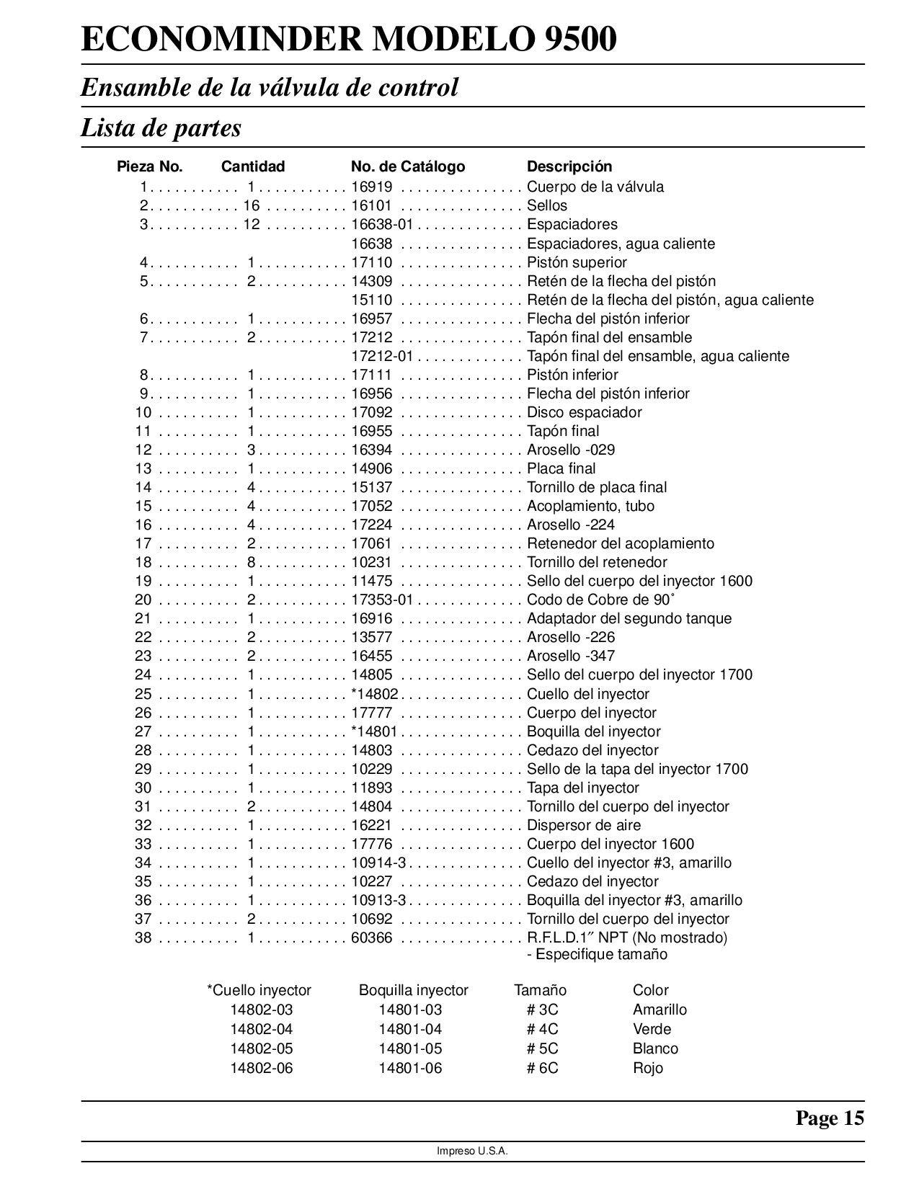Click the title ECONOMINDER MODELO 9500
point(349,40)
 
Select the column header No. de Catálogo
point(407,166)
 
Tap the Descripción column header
point(569,166)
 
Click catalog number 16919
point(371,187)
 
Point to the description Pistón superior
point(577,262)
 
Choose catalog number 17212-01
point(381,356)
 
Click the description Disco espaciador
point(584,412)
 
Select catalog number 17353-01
point(381,600)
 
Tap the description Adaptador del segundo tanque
point(629,618)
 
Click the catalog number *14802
point(374,694)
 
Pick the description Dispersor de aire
point(583,825)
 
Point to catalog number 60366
point(371,938)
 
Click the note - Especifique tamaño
point(597,954)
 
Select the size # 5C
point(542,1048)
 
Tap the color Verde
point(652,1029)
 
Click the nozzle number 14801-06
point(410,1068)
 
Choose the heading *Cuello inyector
point(259,990)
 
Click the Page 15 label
point(829,1118)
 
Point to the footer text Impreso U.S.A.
point(472,1152)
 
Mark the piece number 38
point(143,938)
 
